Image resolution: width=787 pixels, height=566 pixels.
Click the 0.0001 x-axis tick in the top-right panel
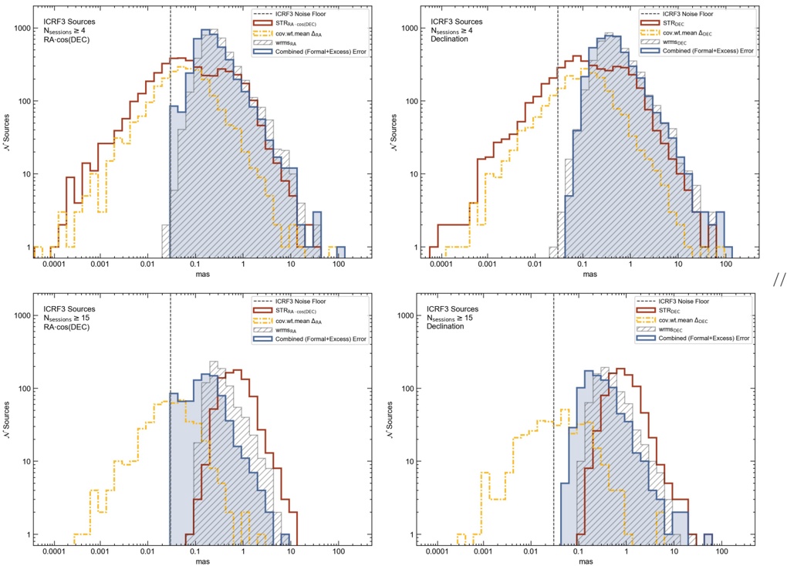coord(439,264)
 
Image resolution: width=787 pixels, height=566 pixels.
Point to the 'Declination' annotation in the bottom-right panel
coord(446,327)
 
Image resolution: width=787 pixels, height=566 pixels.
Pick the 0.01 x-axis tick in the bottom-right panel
coord(530,552)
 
